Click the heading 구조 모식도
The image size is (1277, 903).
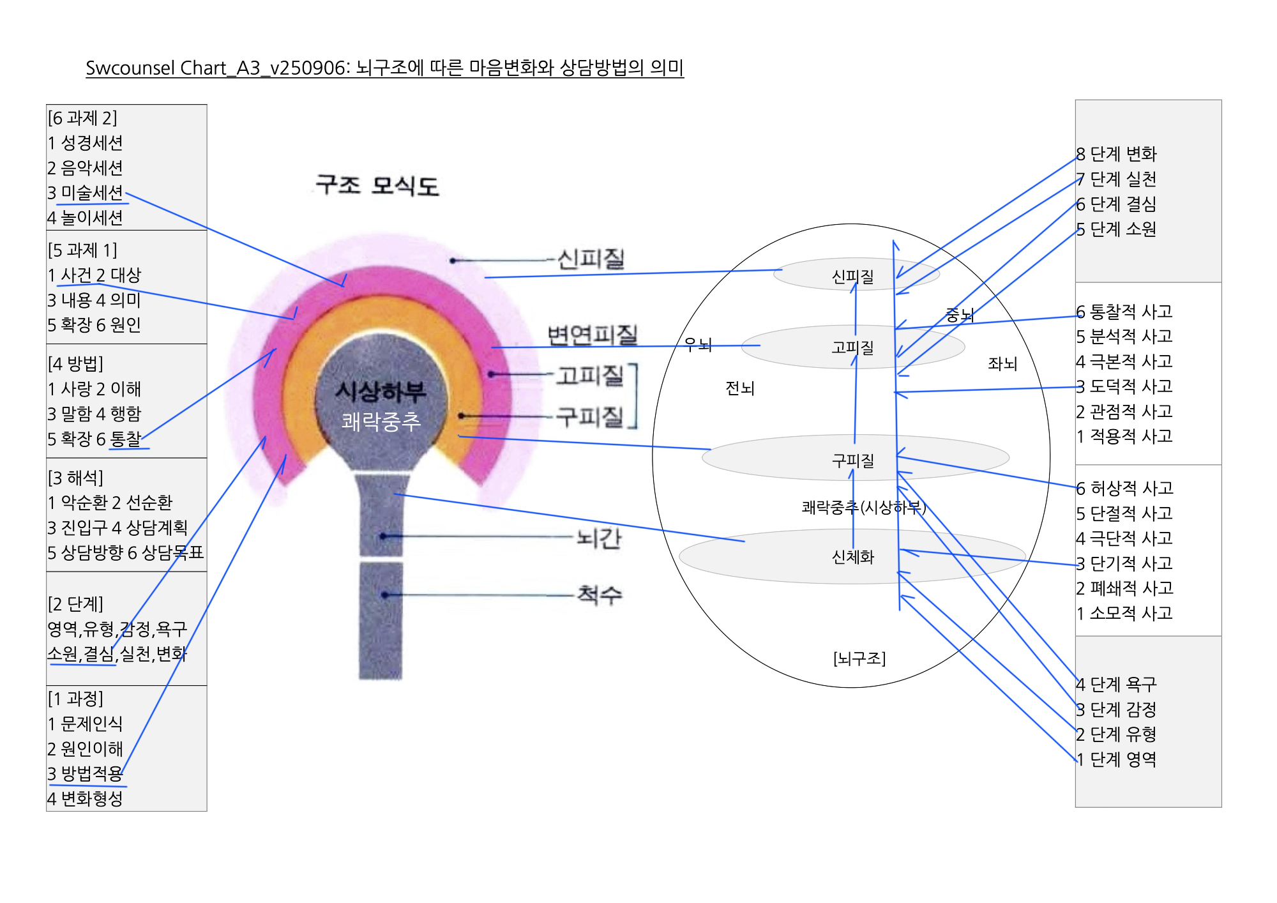(x=377, y=186)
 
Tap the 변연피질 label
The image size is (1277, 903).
(x=592, y=335)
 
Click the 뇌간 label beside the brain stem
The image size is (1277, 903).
(x=598, y=538)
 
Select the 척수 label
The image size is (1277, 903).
(x=599, y=595)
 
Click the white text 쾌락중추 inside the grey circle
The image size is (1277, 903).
(x=381, y=421)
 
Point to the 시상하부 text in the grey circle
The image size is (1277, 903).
(x=381, y=391)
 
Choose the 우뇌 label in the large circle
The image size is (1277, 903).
(x=697, y=345)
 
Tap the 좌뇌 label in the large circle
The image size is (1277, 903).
(x=1002, y=363)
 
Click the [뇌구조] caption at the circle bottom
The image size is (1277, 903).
(x=859, y=658)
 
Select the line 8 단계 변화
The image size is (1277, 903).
(x=1116, y=154)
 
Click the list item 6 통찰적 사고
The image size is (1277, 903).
(x=1124, y=312)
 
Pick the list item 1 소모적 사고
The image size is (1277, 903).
(x=1124, y=613)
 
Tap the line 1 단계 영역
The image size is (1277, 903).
(x=1116, y=759)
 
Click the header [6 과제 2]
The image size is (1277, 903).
(x=82, y=118)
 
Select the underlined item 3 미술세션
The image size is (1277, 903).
(x=86, y=193)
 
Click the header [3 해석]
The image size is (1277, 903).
(x=75, y=478)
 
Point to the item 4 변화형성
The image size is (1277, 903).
(x=86, y=798)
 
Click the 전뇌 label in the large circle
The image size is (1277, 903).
(x=739, y=388)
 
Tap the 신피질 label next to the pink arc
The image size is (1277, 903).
(x=591, y=259)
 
